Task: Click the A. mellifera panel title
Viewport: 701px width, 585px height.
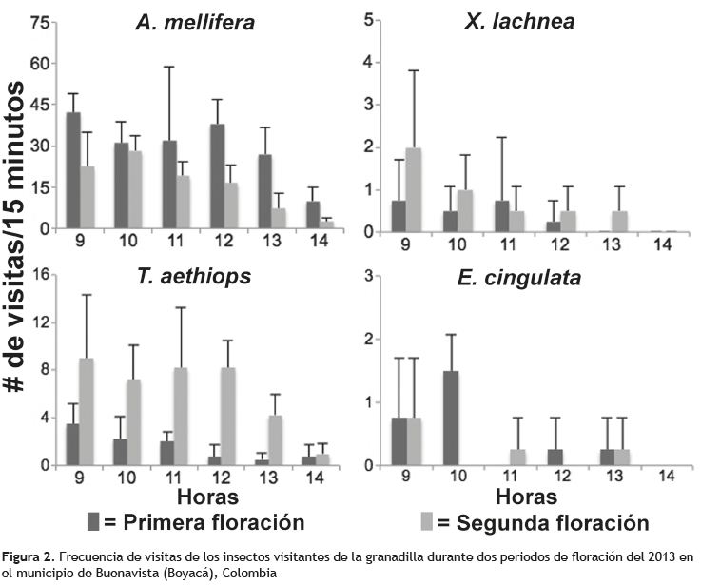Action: [194, 21]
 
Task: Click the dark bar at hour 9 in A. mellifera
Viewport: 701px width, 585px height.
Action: [72, 170]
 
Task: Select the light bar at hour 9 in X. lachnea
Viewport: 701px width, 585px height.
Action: [413, 190]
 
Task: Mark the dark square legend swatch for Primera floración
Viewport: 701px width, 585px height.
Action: [93, 521]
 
